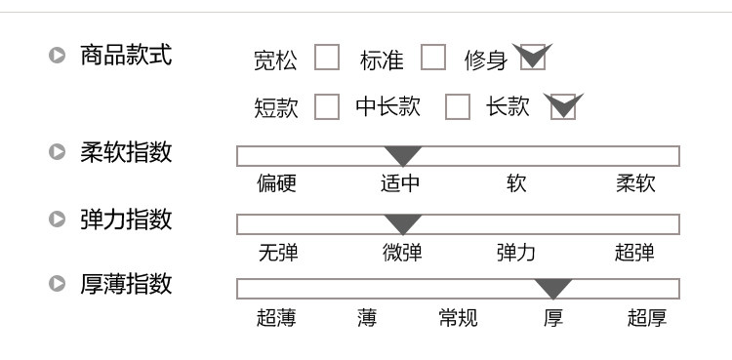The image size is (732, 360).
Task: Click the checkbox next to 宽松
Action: point(327,59)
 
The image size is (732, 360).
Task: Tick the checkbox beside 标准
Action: point(432,59)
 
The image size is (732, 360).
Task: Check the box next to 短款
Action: point(327,106)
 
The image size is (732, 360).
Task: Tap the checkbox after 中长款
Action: point(457,106)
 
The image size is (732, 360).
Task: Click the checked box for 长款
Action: point(564,106)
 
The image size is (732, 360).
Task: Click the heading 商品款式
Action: point(126,56)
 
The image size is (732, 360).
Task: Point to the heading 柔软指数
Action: point(126,152)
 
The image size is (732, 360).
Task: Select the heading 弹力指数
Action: point(126,219)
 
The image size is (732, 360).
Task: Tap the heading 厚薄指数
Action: point(126,284)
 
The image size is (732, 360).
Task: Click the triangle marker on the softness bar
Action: point(403,156)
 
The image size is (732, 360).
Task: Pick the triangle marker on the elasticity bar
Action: point(403,224)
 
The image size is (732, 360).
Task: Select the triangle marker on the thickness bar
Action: point(553,289)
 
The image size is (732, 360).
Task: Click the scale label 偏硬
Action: point(277,183)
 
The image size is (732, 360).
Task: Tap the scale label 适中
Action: point(401,183)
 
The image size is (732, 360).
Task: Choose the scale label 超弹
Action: point(634,253)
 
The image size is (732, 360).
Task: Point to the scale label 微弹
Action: point(402,253)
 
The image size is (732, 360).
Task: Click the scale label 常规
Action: point(459,317)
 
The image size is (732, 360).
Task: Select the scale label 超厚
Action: point(647,317)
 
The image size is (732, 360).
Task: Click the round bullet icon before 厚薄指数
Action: point(58,284)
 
